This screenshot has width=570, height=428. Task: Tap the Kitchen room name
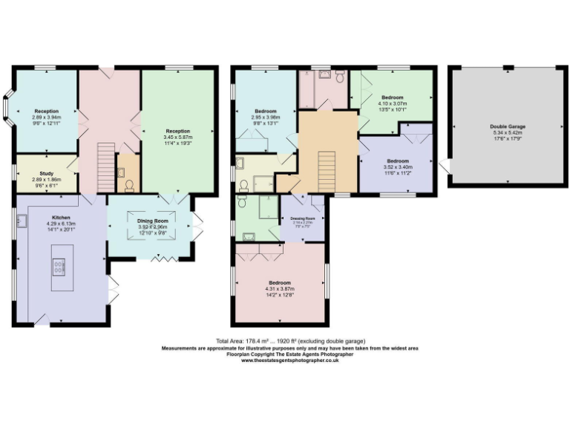pyautogui.click(x=61, y=198)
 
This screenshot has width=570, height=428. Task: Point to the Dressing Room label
pyautogui.click(x=302, y=218)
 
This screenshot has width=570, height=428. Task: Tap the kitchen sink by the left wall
pyautogui.click(x=22, y=221)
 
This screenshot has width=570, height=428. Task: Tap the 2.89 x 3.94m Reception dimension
pyautogui.click(x=46, y=117)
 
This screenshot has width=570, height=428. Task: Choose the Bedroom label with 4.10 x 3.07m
pyautogui.click(x=393, y=98)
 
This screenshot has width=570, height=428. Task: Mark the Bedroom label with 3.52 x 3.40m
pyautogui.click(x=397, y=160)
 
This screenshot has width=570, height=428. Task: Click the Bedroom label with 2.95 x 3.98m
pyautogui.click(x=265, y=111)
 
